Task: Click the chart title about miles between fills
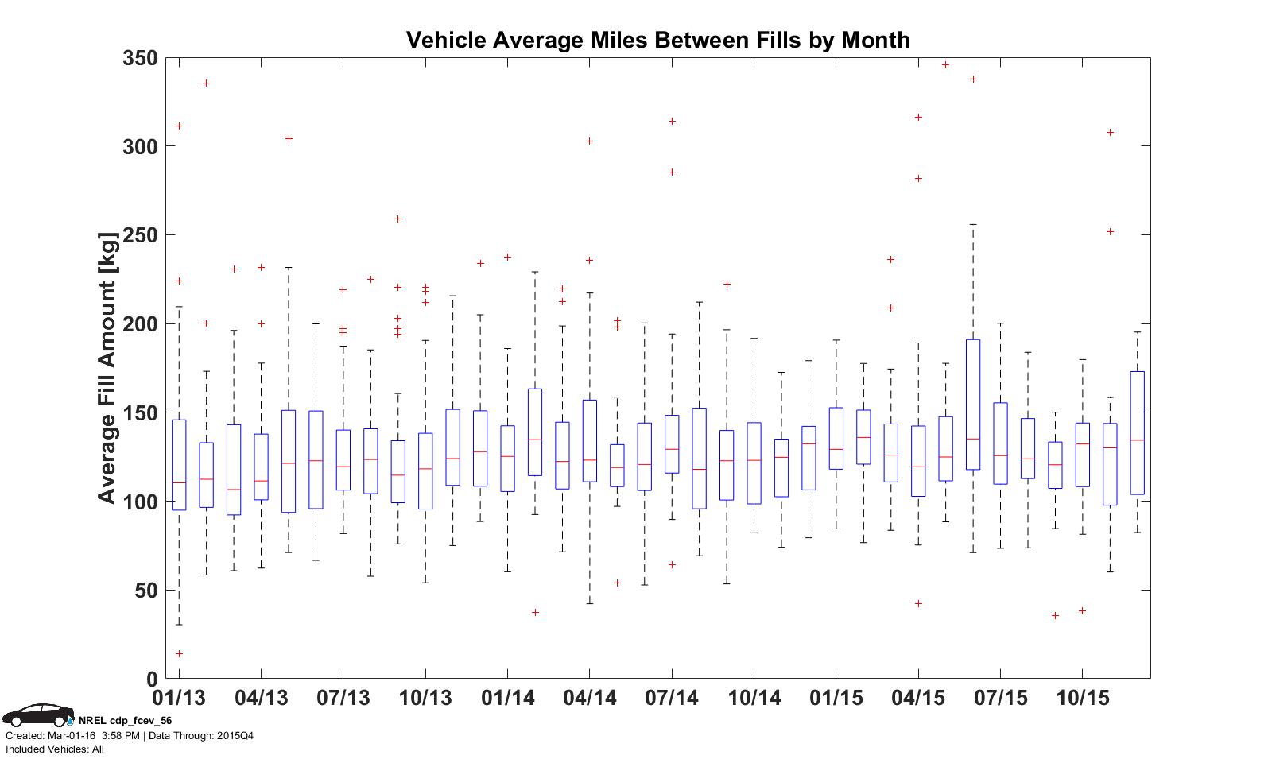pyautogui.click(x=657, y=40)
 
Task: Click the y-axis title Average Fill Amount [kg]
pyautogui.click(x=107, y=367)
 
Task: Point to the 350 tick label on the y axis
pyautogui.click(x=139, y=58)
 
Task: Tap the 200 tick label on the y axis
pyautogui.click(x=139, y=324)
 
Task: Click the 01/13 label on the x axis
pyautogui.click(x=178, y=699)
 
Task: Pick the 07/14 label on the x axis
pyautogui.click(x=672, y=699)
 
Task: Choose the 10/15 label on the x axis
pyautogui.click(x=1082, y=699)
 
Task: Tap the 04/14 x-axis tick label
pyautogui.click(x=589, y=699)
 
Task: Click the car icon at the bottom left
pyautogui.click(x=37, y=715)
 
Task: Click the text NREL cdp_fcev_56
pyautogui.click(x=125, y=721)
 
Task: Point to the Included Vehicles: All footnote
pyautogui.click(x=55, y=749)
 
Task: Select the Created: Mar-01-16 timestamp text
pyautogui.click(x=72, y=735)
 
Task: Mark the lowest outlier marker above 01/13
pyautogui.click(x=179, y=654)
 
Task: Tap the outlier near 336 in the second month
pyautogui.click(x=207, y=83)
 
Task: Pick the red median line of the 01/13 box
pyautogui.click(x=179, y=482)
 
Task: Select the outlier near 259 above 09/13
pyautogui.click(x=398, y=219)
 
